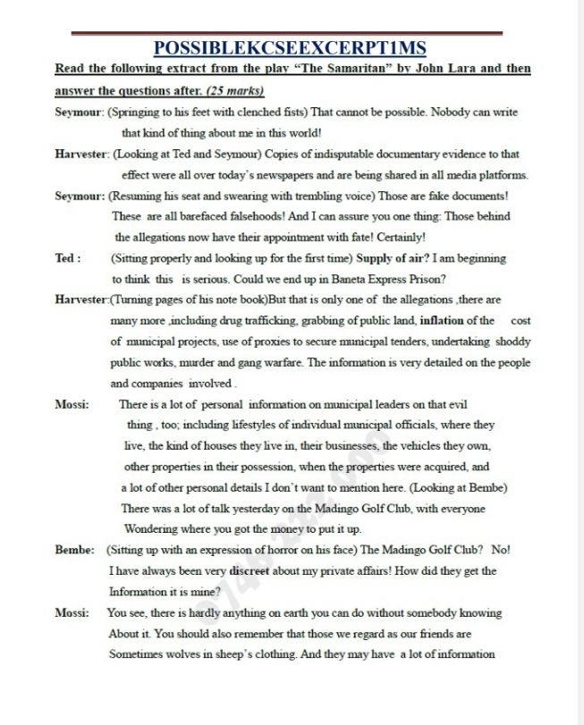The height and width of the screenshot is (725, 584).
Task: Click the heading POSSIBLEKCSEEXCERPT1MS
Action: pos(291,47)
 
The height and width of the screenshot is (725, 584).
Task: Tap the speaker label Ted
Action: pos(65,258)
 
